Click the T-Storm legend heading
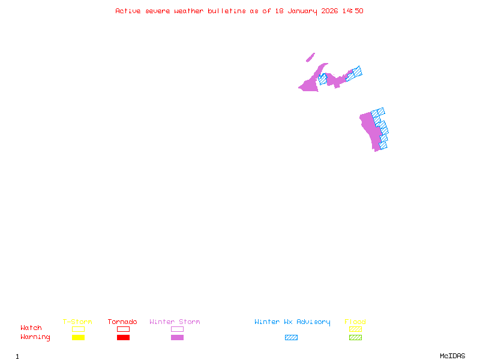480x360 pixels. [x=77, y=322]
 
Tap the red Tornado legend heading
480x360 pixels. [x=122, y=322]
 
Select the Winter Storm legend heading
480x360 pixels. [x=175, y=322]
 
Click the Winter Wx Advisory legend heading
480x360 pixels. [x=292, y=322]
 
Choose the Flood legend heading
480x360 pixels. [x=355, y=322]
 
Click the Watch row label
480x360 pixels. [x=31, y=328]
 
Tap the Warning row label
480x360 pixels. [x=35, y=337]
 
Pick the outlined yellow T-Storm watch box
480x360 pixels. [x=78, y=329]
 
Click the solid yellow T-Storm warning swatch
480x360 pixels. [x=78, y=337]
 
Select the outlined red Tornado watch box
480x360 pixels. [x=123, y=329]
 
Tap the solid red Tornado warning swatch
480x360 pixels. [x=123, y=337]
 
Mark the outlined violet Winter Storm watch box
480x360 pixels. [x=177, y=329]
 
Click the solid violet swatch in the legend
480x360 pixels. [x=177, y=337]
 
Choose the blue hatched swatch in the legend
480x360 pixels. [x=291, y=337]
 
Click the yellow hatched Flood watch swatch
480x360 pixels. [x=355, y=329]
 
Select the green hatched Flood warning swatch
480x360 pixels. [x=355, y=337]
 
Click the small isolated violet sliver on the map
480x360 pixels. [x=310, y=58]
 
